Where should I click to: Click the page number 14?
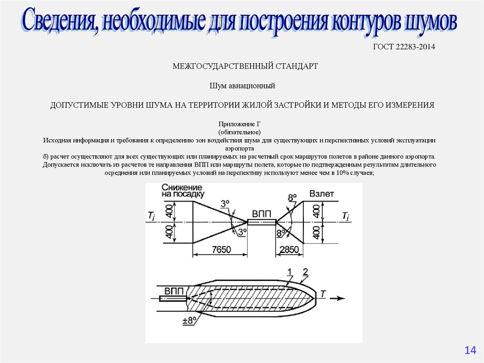(x=470, y=350)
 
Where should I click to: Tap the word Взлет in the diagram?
(x=322, y=194)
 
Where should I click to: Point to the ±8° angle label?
(x=190, y=320)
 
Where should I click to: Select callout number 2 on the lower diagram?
(x=305, y=271)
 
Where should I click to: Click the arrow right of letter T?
(x=337, y=299)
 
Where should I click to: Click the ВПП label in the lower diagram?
(x=174, y=290)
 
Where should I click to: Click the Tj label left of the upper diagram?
(x=151, y=216)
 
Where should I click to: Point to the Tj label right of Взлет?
(x=346, y=216)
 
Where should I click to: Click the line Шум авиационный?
(x=242, y=86)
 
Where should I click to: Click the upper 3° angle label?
(x=225, y=204)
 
